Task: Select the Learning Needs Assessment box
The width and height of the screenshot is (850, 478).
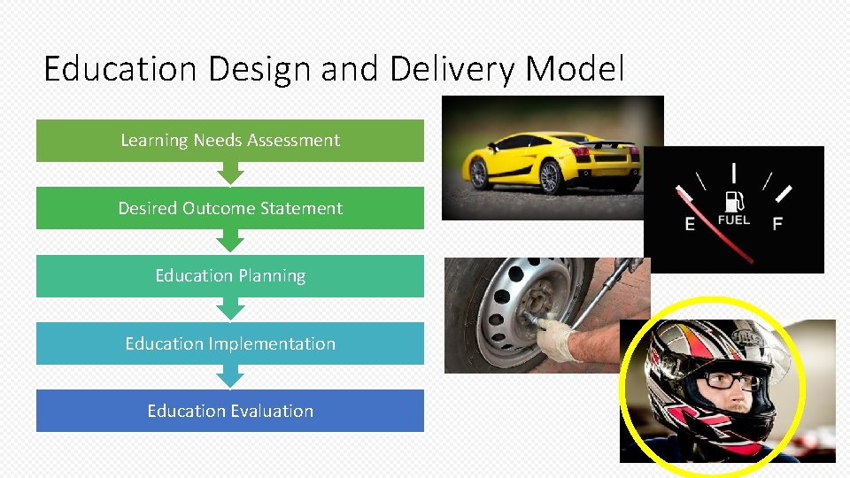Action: tap(230, 141)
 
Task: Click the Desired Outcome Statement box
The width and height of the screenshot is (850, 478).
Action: tap(230, 208)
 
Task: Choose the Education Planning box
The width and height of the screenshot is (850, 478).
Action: tap(230, 276)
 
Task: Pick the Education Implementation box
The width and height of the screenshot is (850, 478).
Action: tap(230, 343)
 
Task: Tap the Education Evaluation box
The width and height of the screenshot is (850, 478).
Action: tap(230, 411)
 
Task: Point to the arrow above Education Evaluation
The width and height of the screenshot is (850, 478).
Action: tap(230, 376)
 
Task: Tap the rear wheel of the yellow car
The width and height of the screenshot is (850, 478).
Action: tap(550, 176)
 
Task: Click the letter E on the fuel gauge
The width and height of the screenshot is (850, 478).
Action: tap(691, 225)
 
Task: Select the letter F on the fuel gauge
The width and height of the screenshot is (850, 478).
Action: tap(777, 224)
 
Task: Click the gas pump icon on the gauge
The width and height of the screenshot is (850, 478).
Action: tap(734, 200)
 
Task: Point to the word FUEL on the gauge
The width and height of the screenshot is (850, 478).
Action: tap(734, 220)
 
